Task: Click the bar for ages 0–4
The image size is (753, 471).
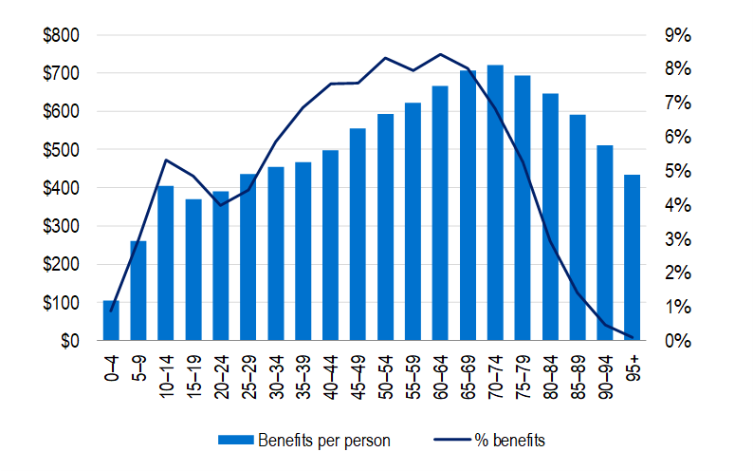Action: [x=111, y=321]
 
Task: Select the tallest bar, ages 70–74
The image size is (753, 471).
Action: [x=494, y=203]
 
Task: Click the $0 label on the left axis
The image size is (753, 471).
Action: [x=68, y=341]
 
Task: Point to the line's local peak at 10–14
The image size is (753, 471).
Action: [x=166, y=160]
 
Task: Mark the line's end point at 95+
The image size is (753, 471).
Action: [x=632, y=337]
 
